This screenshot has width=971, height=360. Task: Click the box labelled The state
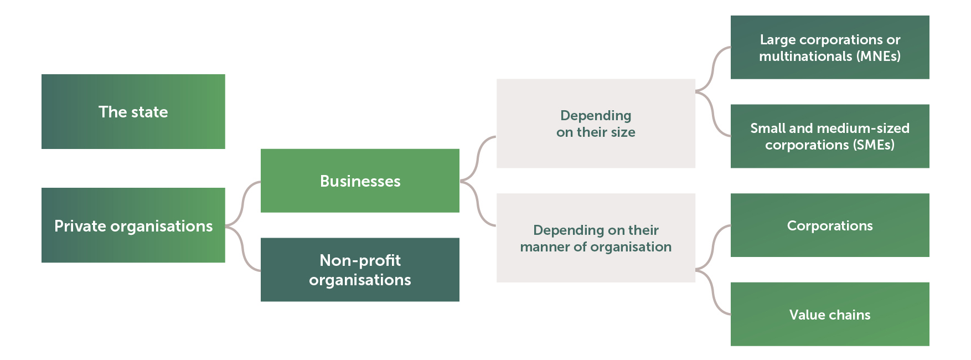[x=133, y=111]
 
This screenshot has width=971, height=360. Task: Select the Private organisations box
[x=133, y=225]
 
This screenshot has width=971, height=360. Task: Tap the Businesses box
[x=360, y=181]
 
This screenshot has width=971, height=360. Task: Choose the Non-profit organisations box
[x=360, y=270]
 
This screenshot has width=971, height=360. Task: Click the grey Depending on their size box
[x=596, y=124]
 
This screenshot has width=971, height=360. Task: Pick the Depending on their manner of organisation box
[x=596, y=238]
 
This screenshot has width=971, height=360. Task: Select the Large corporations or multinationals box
[x=829, y=48]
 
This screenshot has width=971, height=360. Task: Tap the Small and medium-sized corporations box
[x=829, y=136]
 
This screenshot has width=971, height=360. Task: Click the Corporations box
[x=829, y=225]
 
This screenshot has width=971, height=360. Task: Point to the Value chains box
[x=829, y=315]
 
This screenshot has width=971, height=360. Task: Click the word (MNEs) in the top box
[x=878, y=56]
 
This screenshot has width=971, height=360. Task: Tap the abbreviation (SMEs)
[x=874, y=145]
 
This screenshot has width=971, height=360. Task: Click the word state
[x=149, y=112]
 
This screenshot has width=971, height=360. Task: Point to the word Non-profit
[x=360, y=260]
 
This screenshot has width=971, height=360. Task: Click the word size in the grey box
[x=623, y=132]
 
